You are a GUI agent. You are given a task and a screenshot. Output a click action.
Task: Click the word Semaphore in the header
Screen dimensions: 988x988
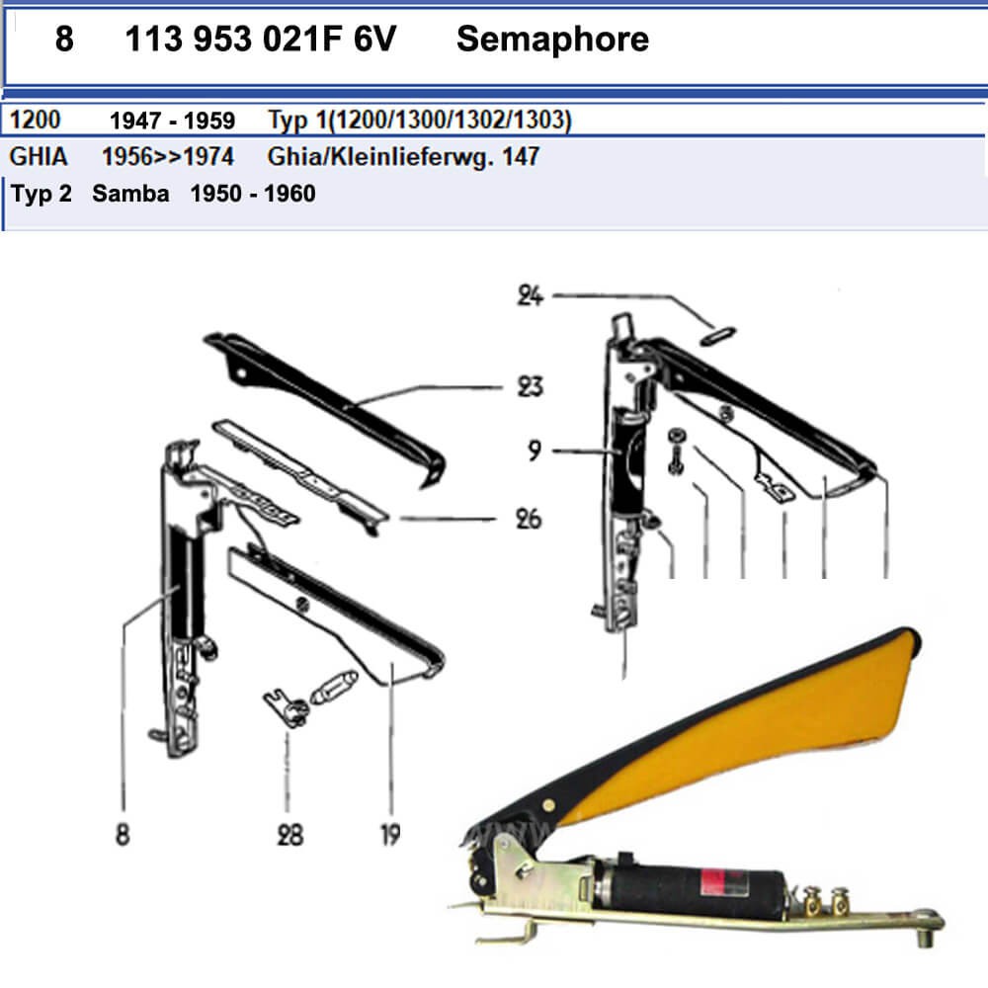click(552, 40)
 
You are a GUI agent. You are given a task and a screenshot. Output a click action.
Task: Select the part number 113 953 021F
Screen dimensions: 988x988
click(233, 40)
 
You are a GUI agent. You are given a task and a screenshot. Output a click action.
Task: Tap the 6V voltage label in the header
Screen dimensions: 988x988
click(374, 40)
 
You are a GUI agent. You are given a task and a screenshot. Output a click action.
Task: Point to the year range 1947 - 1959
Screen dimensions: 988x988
click(172, 121)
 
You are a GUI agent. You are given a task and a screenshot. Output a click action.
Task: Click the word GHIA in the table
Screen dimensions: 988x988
click(39, 156)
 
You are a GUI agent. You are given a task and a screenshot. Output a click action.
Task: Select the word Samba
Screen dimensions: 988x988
click(130, 194)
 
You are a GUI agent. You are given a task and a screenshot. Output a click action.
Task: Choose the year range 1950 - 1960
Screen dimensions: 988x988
click(253, 194)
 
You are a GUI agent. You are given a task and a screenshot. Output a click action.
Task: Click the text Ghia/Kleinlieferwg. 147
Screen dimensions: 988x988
click(403, 156)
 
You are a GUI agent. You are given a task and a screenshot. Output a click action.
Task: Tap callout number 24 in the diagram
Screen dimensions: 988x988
click(530, 295)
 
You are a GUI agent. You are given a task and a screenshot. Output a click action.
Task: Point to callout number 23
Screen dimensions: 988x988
click(530, 386)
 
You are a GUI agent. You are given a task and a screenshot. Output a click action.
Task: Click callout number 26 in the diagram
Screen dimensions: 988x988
click(529, 520)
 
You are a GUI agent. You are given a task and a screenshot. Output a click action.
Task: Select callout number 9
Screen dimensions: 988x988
click(535, 450)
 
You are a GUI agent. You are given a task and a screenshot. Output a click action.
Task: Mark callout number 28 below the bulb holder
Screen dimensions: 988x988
click(289, 835)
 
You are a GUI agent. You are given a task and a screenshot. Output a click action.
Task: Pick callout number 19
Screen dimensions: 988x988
click(390, 835)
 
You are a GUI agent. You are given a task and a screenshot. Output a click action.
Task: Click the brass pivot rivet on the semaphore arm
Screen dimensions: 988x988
click(548, 804)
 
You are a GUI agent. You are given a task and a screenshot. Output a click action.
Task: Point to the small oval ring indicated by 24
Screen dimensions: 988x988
click(717, 336)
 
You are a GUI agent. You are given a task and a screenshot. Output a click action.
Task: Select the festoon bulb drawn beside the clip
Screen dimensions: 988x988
click(334, 687)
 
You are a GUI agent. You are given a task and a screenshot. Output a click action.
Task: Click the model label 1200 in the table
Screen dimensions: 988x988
click(36, 120)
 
